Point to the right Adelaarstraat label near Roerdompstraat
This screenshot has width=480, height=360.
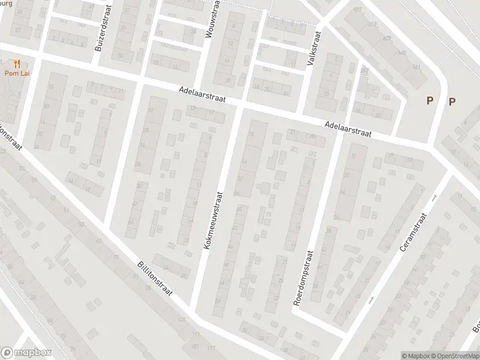[x=347, y=130]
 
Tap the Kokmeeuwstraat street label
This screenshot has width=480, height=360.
[x=213, y=221]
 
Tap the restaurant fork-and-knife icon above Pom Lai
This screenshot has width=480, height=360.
[x=17, y=63]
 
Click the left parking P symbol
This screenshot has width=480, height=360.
[x=430, y=101]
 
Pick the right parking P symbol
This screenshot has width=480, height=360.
[x=452, y=101]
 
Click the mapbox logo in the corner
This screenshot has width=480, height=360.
[x=26, y=352]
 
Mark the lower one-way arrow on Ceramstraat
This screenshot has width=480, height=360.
[x=371, y=299]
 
